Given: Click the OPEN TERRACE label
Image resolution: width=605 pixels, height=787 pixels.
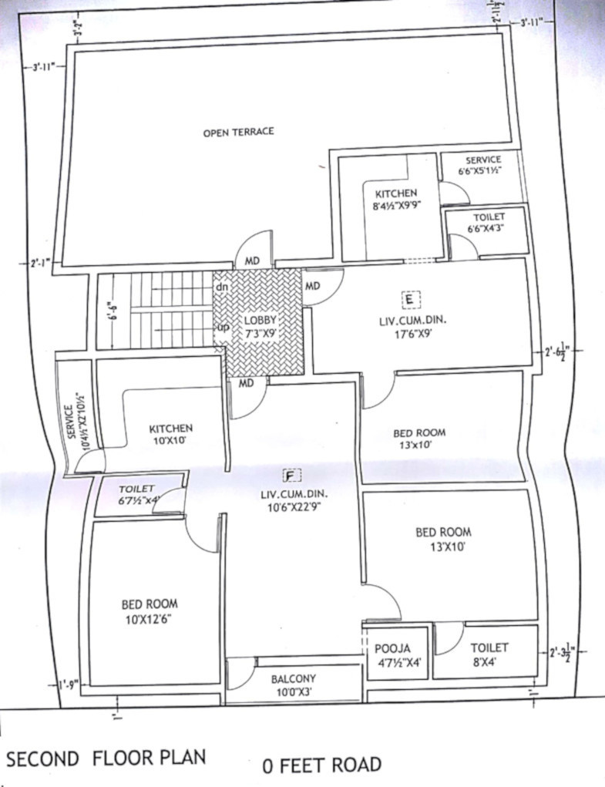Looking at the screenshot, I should coord(238,132).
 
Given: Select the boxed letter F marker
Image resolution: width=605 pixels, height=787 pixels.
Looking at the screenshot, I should coord(291,474).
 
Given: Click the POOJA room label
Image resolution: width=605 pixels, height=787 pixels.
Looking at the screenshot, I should coord(393,648).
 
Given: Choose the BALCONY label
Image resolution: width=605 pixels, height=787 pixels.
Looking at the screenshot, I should coord(294,678).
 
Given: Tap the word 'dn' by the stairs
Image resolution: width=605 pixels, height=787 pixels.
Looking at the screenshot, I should coord(221,288).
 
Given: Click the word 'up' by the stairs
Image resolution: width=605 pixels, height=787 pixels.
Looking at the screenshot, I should coord(221,327).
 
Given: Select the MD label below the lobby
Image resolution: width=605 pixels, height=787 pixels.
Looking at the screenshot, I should coord(246,383).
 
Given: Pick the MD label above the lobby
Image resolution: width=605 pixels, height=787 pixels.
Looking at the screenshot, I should coord(252,262).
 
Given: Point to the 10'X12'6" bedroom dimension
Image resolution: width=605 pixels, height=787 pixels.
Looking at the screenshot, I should coord(150,619).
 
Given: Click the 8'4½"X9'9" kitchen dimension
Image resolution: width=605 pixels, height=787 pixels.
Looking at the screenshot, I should coord(396,207).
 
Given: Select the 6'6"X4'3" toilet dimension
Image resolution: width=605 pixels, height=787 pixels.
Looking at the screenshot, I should coord(486,228).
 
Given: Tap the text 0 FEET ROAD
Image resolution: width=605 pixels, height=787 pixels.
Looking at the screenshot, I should coord(321,765).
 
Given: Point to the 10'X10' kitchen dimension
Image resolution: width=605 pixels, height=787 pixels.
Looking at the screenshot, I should coord(170,442).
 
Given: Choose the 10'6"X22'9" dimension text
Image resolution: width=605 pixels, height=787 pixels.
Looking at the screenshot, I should coord(294,508).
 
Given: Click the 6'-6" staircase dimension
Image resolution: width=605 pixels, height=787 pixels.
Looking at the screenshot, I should coord(111,311).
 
